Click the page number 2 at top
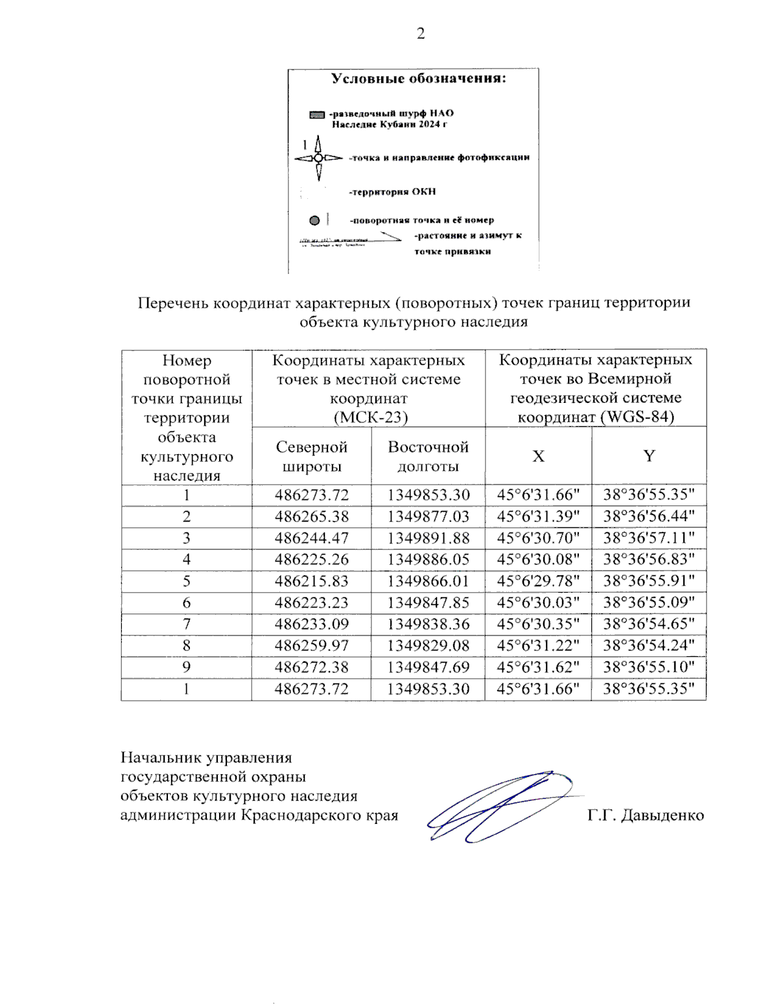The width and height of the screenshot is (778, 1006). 421,34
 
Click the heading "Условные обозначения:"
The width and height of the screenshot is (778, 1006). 418,78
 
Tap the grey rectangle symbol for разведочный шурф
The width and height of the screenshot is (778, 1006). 317,115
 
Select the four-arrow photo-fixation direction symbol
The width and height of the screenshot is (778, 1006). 318,158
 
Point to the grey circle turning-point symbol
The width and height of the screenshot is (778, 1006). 314,220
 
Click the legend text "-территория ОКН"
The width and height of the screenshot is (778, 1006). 392,192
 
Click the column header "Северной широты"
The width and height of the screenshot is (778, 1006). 311,456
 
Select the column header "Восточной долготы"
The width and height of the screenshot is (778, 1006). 428,456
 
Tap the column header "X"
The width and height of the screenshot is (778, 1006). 538,456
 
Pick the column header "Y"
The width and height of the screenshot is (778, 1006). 649,456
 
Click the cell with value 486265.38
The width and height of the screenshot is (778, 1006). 311,516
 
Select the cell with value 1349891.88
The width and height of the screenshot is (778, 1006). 428,538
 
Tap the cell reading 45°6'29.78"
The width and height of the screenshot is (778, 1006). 538,581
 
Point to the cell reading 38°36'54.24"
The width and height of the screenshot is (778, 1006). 649,645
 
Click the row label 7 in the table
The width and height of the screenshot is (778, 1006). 187,624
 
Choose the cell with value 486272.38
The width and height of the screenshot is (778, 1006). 311,667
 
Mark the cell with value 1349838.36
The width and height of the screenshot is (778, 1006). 428,624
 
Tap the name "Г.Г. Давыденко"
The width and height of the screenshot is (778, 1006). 645,815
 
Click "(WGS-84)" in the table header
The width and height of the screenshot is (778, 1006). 637,417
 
